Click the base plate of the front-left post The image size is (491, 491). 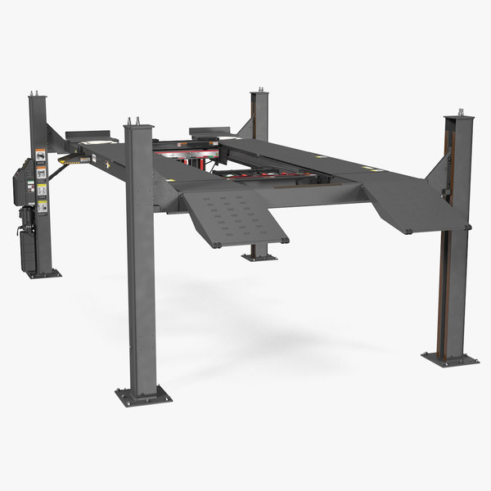click(x=144, y=397)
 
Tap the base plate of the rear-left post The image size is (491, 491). click(x=43, y=273)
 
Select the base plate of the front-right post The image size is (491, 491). click(x=449, y=358)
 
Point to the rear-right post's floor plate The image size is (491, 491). click(x=259, y=257)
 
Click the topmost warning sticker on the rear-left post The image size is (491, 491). click(x=38, y=154)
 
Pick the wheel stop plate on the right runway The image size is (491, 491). click(x=209, y=130)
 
